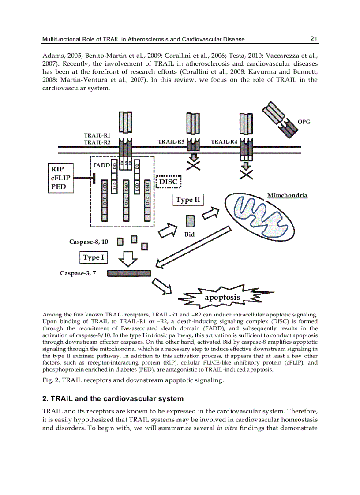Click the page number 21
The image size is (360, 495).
tap(314, 39)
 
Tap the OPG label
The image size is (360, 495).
tap(304, 122)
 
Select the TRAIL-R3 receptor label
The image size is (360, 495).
tap(171, 141)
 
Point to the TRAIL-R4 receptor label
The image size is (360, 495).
tap(224, 141)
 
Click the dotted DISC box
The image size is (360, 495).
tap(169, 182)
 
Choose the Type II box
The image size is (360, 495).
tap(188, 200)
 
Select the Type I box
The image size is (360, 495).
tap(94, 257)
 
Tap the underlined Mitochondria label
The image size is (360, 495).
tap(287, 195)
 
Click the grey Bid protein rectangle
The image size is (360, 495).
tap(190, 221)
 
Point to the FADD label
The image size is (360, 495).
tap(101, 165)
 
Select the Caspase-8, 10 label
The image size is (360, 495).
tap(88, 242)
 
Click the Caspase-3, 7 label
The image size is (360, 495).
tap(78, 273)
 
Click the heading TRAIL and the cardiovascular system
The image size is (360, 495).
tap(112, 399)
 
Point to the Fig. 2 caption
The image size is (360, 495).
tap(133, 380)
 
